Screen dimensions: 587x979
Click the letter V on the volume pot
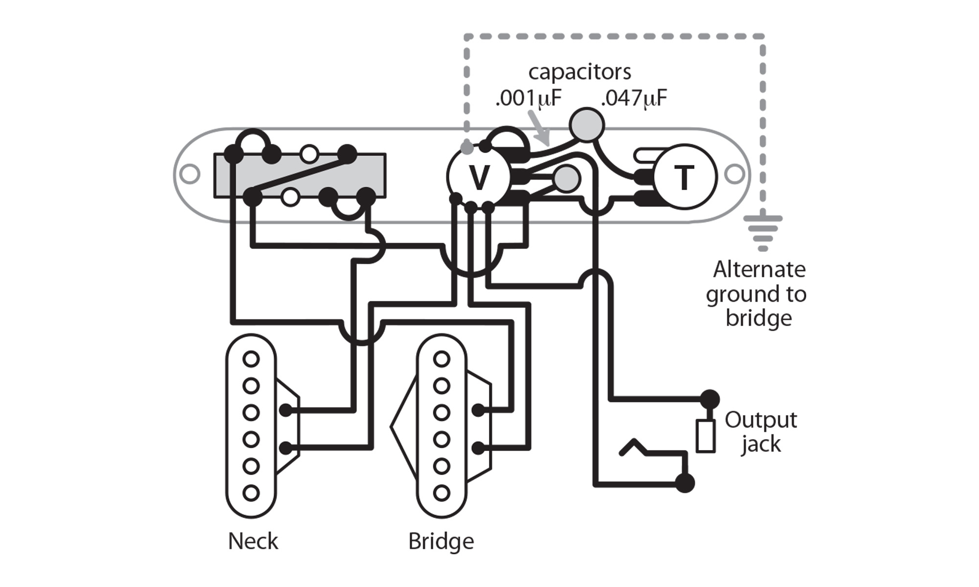point(479,177)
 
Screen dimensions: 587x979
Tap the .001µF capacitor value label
point(528,99)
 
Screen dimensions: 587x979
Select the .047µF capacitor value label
point(633,99)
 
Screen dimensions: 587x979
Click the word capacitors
point(580,72)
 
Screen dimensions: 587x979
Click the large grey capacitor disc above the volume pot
point(587,125)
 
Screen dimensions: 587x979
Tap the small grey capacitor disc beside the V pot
point(567,179)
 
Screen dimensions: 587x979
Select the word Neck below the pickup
point(253,541)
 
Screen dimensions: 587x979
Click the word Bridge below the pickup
point(441,541)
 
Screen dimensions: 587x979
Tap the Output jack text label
point(761,431)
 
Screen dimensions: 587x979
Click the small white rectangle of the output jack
point(705,435)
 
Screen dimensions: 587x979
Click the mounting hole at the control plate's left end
point(190,174)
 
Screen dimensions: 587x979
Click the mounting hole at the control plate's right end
point(734,174)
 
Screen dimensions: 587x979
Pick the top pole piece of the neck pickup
point(251,360)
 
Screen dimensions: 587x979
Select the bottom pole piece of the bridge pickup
point(442,492)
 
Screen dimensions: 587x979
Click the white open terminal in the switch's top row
point(309,155)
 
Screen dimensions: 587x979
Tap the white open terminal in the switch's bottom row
point(290,198)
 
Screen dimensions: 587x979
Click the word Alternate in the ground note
point(759,270)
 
